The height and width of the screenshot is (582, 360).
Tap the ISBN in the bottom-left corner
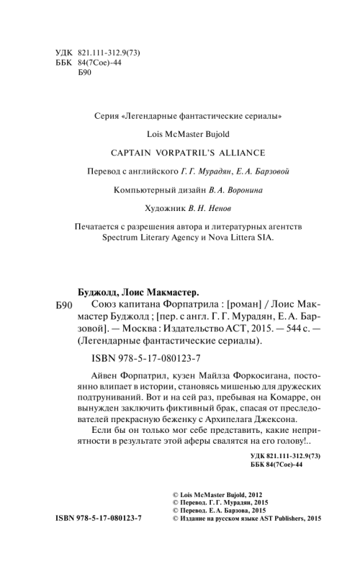click(98, 519)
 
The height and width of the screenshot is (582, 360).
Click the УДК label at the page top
click(64, 53)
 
